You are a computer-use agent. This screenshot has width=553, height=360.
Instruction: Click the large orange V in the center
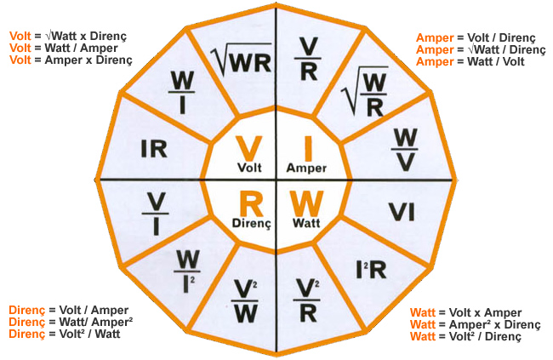(249, 149)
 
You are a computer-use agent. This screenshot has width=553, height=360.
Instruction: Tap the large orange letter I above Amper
(308, 149)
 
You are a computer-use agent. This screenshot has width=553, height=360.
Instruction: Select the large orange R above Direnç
(251, 203)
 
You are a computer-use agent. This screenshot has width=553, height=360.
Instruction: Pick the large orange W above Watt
(307, 203)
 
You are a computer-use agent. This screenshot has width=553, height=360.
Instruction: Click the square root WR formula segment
(242, 60)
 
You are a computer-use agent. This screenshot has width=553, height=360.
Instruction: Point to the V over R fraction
(308, 59)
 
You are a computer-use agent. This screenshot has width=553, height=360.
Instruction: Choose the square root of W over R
(365, 92)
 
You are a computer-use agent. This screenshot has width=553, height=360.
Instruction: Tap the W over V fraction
(404, 150)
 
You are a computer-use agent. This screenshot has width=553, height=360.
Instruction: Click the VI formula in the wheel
(402, 212)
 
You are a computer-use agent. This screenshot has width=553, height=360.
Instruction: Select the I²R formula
(371, 270)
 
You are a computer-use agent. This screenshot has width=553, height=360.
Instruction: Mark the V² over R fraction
(307, 300)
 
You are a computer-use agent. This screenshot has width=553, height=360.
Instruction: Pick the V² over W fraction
(245, 301)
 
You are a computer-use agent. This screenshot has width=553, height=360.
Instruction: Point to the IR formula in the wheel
(154, 149)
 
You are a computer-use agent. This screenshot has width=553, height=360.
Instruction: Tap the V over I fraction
(155, 214)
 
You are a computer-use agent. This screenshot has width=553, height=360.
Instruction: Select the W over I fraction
(181, 93)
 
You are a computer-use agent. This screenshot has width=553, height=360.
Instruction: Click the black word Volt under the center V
(249, 168)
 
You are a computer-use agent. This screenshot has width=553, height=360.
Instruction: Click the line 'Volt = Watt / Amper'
(64, 48)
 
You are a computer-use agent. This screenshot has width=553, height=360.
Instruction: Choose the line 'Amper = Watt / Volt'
(470, 61)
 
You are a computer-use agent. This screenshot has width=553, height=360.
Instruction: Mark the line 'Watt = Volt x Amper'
(465, 312)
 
